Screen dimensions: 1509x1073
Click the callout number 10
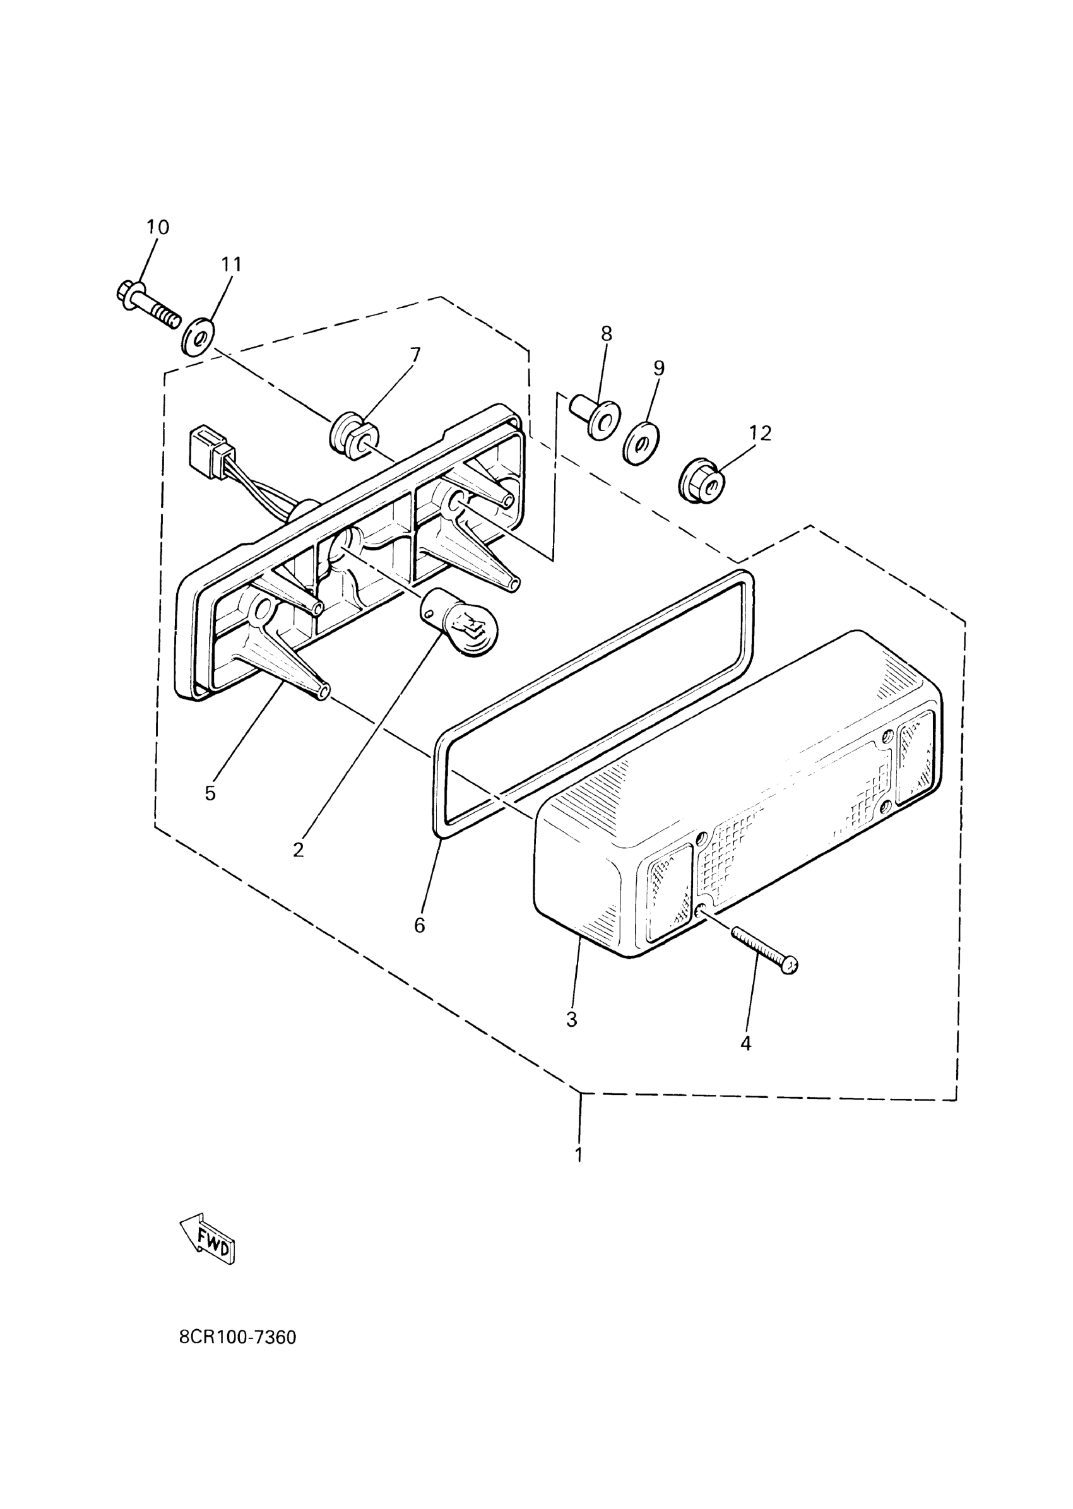[158, 227]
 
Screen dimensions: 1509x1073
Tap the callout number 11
[231, 264]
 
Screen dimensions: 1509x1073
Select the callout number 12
[760, 434]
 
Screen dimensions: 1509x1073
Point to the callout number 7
[415, 355]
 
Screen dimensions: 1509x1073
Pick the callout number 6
[420, 926]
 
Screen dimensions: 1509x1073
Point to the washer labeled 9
[638, 442]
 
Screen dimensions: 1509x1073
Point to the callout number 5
[210, 793]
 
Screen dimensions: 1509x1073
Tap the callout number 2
[298, 849]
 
